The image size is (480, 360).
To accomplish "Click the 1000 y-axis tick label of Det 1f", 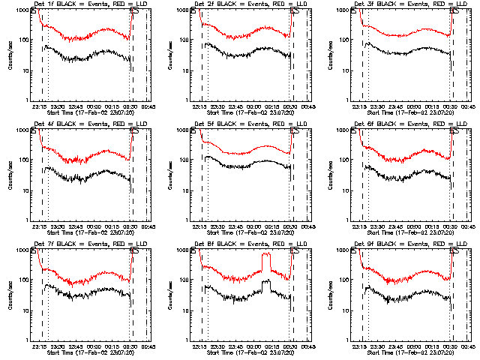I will pos(24,10).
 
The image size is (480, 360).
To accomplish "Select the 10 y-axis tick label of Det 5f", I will pos(187,190).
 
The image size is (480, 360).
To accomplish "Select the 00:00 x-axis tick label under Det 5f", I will pos(252,226).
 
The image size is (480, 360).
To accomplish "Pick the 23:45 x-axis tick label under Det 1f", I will pos(75,106).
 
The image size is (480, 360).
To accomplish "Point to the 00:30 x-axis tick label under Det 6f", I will pos(449,226).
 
